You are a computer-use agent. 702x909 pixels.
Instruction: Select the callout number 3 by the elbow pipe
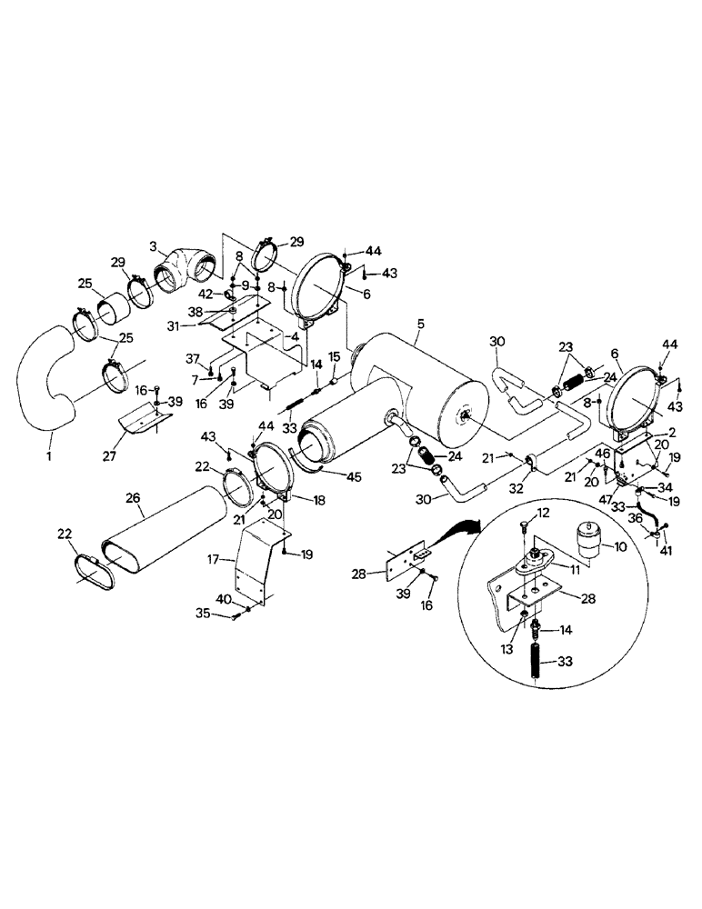(155, 245)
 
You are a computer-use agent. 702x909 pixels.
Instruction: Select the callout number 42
(207, 294)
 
